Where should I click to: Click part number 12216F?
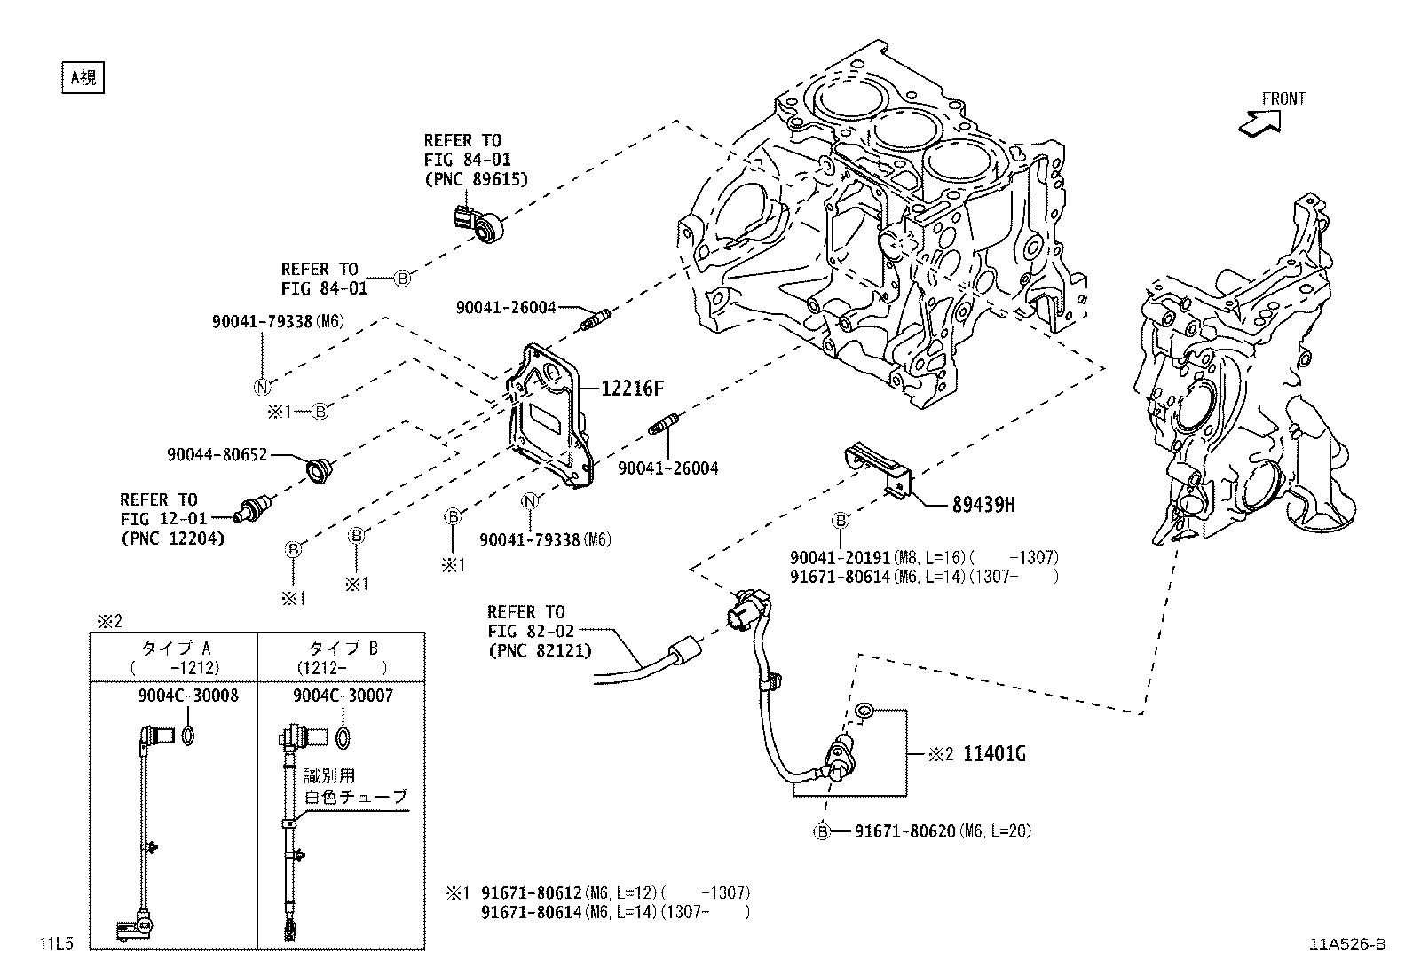point(632,389)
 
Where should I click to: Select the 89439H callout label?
point(983,505)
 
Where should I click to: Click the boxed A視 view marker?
point(83,77)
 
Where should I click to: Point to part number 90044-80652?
point(217,454)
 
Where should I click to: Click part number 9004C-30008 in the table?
point(187,696)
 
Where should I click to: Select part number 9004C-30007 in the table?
point(343,696)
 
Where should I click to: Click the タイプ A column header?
point(172,649)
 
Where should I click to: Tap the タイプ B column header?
point(341,649)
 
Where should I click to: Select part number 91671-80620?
point(904,831)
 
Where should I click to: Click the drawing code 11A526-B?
point(1346,944)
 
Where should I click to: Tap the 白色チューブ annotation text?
point(356,796)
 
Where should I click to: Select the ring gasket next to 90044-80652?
point(317,470)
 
